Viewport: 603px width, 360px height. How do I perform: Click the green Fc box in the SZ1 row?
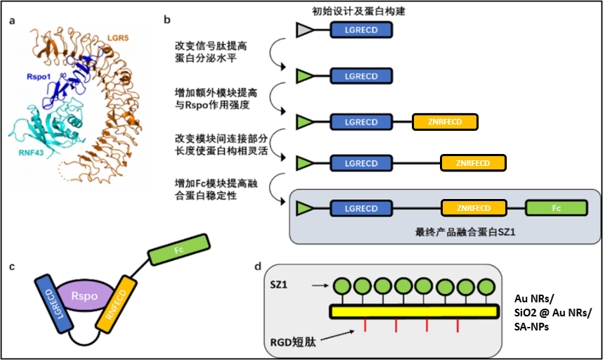pos(557,208)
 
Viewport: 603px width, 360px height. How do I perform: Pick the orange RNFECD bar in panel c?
pos(122,305)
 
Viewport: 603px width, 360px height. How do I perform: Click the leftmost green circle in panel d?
pos(342,286)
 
